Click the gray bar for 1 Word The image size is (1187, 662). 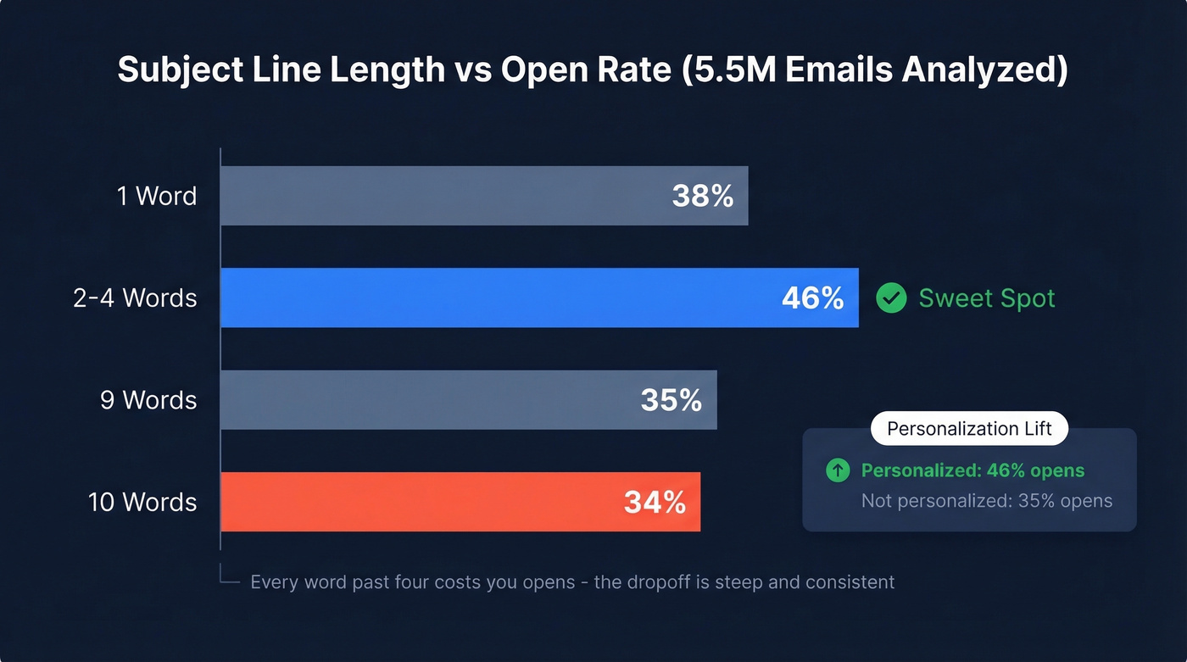click(441, 196)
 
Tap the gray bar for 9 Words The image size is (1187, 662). click(424, 399)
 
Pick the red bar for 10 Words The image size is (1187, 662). click(415, 502)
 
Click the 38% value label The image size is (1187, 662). click(702, 196)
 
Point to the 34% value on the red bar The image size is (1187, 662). click(655, 502)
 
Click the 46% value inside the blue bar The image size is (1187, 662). click(812, 298)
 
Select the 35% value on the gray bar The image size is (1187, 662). click(671, 399)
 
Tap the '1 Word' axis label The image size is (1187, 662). click(156, 196)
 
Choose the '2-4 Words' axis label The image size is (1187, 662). click(135, 298)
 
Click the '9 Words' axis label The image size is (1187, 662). click(148, 399)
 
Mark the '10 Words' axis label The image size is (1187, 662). click(142, 502)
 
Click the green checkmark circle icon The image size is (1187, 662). click(891, 298)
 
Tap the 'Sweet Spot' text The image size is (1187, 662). click(987, 298)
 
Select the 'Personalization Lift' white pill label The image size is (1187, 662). click(969, 429)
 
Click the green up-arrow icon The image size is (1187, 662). click(838, 470)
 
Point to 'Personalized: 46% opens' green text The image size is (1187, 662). click(972, 470)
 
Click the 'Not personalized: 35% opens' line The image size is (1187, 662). click(986, 500)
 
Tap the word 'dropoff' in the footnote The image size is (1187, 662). click(666, 582)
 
